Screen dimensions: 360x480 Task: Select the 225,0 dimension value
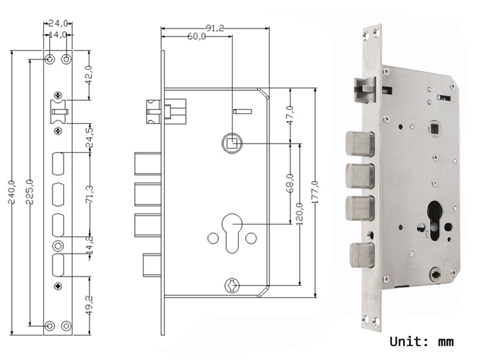29,191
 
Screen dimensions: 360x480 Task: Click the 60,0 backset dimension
196,37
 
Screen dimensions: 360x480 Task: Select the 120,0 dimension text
299,214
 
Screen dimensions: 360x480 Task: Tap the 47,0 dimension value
290,115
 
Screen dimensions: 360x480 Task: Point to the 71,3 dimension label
90,195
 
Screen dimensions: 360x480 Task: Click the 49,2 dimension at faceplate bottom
90,305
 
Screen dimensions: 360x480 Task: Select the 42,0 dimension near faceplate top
90,75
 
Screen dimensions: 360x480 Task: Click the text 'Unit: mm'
421,342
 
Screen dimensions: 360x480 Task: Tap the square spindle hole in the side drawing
232,143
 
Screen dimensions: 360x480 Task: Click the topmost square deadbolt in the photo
359,142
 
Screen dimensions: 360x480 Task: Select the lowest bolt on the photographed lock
359,254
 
